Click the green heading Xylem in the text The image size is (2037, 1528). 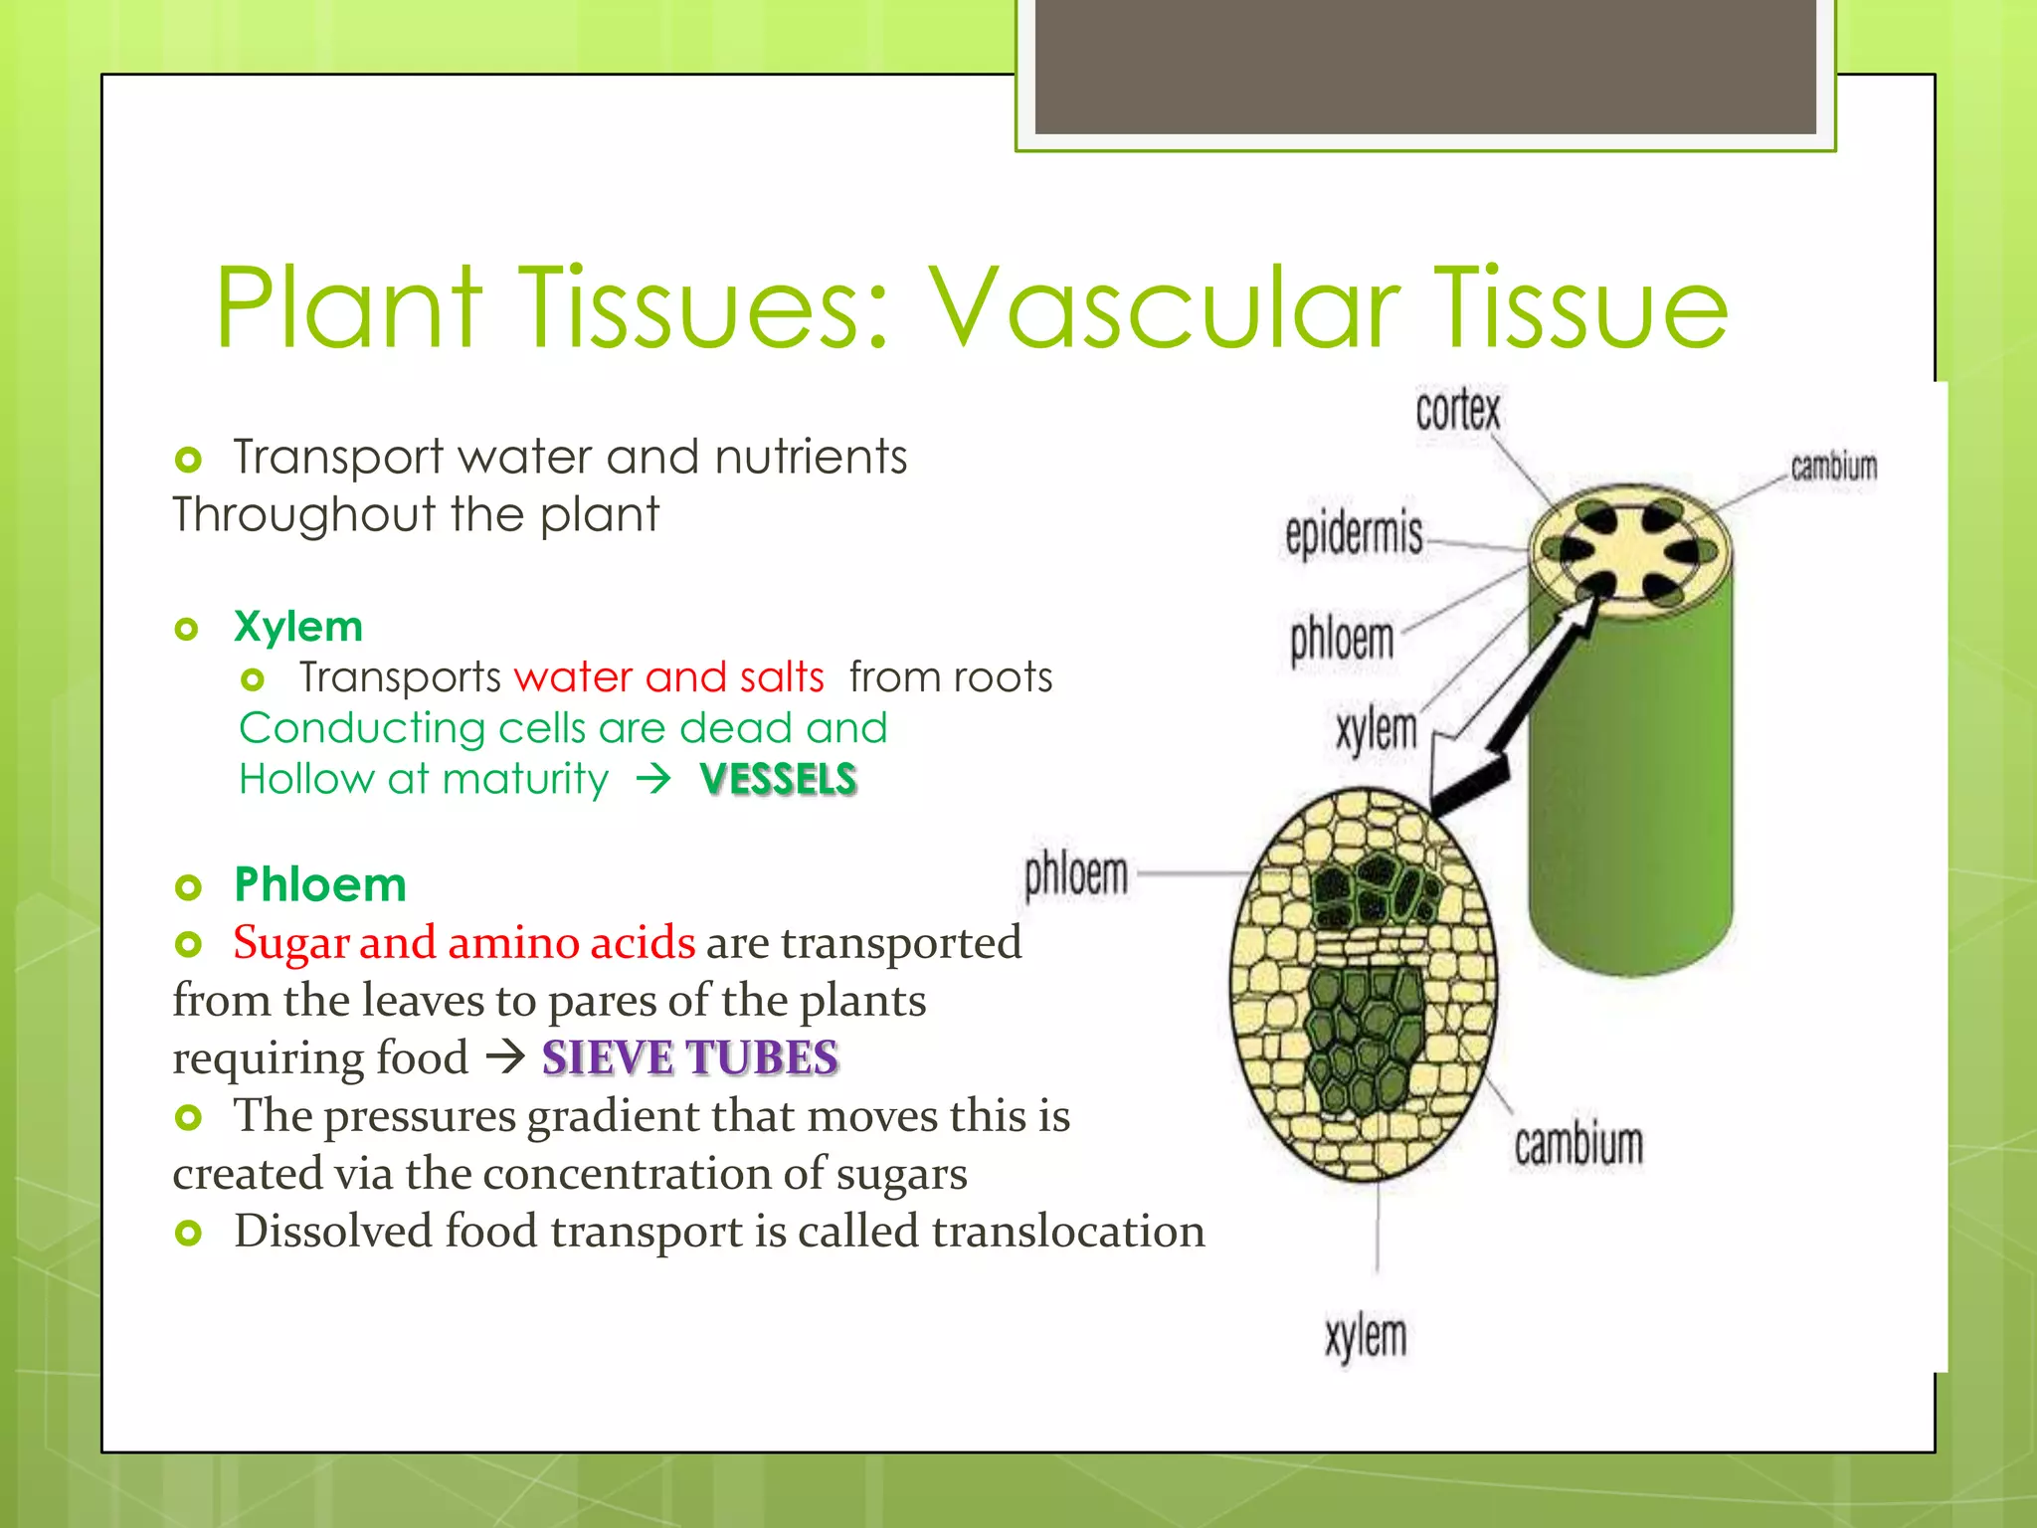click(297, 627)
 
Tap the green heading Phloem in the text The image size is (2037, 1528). click(320, 884)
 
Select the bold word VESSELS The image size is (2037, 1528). click(778, 779)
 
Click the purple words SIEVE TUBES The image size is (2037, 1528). click(689, 1057)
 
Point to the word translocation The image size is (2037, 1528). click(1068, 1231)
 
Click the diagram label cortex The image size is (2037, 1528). click(1457, 410)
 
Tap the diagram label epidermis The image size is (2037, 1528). click(1354, 534)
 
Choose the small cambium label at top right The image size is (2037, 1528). click(1833, 467)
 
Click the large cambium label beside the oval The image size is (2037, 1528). click(1578, 1144)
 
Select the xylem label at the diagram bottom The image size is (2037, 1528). click(1366, 1336)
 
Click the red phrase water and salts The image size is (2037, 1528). click(668, 677)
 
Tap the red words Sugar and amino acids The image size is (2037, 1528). click(463, 942)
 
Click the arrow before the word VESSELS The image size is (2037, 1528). click(653, 779)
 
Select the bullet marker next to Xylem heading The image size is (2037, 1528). click(187, 629)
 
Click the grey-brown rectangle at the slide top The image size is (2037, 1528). click(1424, 66)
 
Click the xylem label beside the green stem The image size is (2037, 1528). click(1376, 730)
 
